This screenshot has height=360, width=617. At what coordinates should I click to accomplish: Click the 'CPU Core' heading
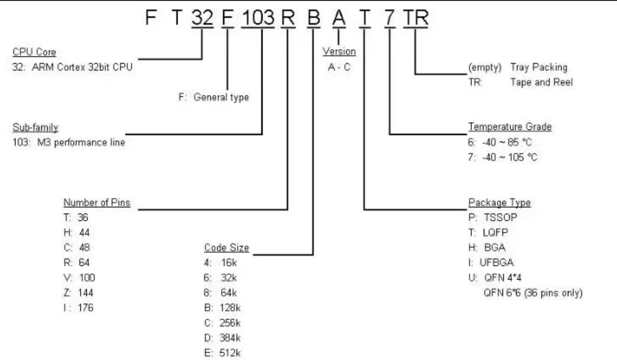click(x=34, y=52)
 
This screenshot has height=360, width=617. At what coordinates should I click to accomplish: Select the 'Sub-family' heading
click(x=35, y=127)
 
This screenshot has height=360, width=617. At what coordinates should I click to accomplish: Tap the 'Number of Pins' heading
click(x=97, y=202)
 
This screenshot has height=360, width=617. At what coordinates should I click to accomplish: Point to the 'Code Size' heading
click(x=226, y=247)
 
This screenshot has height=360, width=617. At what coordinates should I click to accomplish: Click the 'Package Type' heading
click(x=499, y=202)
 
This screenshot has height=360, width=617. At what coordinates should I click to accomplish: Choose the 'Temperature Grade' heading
click(x=510, y=127)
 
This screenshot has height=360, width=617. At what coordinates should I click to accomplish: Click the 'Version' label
click(x=339, y=51)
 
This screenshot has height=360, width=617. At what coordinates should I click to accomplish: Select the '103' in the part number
click(x=258, y=17)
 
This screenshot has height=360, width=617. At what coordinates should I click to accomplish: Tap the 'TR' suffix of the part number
click(x=415, y=17)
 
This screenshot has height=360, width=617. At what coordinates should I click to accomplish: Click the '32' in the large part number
click(x=202, y=17)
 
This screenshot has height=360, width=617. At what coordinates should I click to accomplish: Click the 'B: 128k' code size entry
click(x=222, y=308)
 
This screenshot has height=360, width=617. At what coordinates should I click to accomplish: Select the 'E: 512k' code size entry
click(x=222, y=353)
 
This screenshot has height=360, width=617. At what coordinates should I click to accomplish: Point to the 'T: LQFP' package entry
click(x=488, y=232)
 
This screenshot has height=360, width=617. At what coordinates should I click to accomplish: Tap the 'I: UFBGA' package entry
click(x=491, y=263)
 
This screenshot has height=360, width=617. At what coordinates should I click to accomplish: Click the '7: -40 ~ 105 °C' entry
click(x=503, y=157)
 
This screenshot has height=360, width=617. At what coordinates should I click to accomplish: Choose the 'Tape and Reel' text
click(x=542, y=82)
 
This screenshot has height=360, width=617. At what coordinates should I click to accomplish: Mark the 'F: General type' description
click(x=214, y=97)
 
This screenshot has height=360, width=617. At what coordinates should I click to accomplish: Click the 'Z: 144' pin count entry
click(x=78, y=292)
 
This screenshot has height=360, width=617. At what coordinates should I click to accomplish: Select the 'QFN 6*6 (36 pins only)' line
click(x=533, y=293)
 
